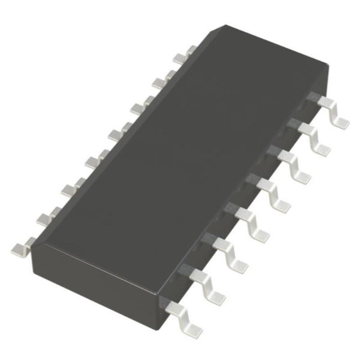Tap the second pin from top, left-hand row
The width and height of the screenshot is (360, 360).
pos(162,80)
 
